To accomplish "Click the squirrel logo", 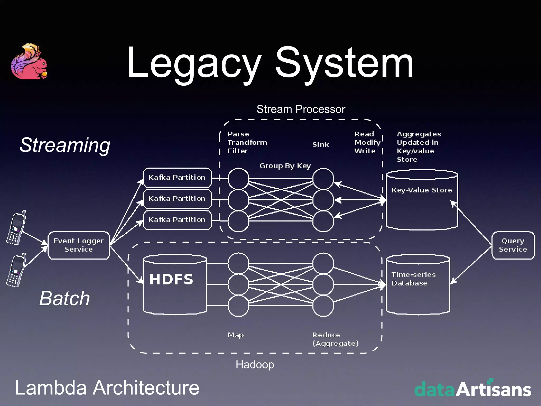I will (29, 62).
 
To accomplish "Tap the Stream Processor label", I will (301, 109).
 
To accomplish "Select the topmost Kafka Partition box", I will (177, 177).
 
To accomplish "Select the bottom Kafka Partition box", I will (177, 220).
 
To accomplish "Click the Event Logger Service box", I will (79, 245).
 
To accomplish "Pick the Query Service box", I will (513, 245).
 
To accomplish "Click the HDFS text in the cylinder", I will (171, 279).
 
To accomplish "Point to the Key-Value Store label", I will (422, 190).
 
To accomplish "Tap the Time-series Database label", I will (413, 279).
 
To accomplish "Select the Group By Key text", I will (285, 166).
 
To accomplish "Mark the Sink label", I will (320, 145).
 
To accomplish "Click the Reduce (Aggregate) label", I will (335, 339).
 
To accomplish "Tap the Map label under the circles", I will (236, 335).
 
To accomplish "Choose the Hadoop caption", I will (255, 365).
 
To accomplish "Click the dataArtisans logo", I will (472, 388).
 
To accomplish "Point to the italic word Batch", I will (65, 298).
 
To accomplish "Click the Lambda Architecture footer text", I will (107, 388).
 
